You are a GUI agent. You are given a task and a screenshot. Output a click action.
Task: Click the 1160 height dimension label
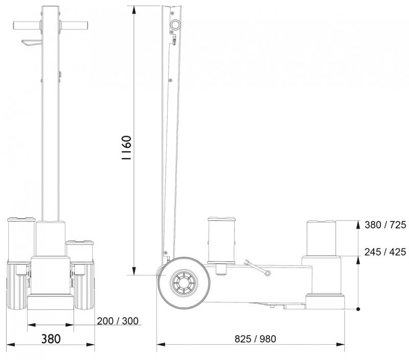click(x=126, y=148)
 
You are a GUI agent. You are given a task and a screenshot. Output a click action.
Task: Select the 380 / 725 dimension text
click(x=385, y=224)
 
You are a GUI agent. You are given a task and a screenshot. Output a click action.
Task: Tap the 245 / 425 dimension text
click(x=385, y=252)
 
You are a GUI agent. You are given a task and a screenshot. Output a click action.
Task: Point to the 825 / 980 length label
click(x=255, y=339)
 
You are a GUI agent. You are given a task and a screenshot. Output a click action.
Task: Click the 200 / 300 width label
click(x=118, y=321)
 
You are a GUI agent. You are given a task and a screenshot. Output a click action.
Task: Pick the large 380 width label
click(x=51, y=339)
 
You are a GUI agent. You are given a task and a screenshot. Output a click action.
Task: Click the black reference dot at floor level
click(x=358, y=309)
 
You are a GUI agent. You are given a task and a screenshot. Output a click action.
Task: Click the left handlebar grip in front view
click(x=27, y=26)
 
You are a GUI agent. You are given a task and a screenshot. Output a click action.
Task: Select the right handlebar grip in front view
click(x=74, y=26)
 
